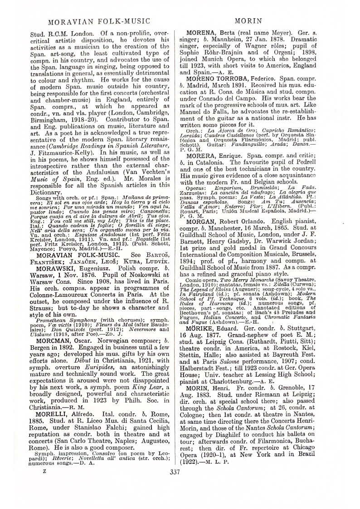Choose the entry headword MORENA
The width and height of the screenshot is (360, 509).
(x=203, y=33)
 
